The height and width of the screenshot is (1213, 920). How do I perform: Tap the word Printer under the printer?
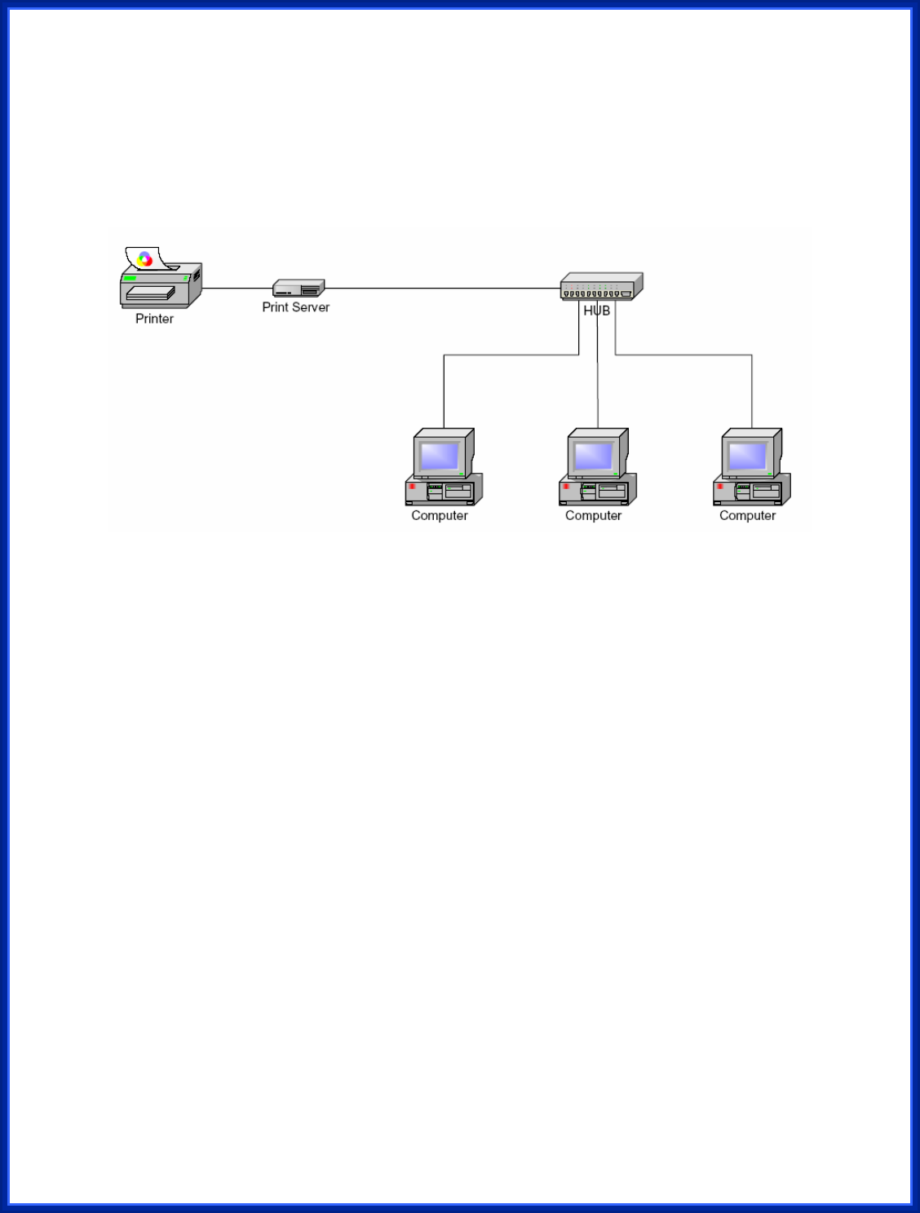(154, 319)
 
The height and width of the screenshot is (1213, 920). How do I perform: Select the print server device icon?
(299, 288)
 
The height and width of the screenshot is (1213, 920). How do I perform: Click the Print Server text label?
(295, 307)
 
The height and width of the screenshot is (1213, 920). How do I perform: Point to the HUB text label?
(596, 311)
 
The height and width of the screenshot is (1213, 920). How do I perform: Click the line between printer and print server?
(237, 288)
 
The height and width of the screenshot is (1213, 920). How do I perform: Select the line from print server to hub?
(440, 288)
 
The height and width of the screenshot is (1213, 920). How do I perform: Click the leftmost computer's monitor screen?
(440, 455)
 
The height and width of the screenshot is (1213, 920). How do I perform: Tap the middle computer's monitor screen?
(593, 455)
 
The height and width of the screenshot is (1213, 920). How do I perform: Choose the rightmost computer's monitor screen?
(747, 455)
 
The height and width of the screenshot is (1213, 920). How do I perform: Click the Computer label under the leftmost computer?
(440, 515)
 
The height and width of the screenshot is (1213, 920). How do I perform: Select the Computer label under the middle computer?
(593, 515)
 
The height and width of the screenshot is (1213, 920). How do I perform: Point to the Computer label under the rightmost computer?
(747, 515)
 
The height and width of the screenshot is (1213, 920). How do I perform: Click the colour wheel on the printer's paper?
(145, 259)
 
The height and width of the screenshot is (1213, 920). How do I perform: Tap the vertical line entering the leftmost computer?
(444, 391)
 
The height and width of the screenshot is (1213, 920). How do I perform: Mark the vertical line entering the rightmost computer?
(752, 391)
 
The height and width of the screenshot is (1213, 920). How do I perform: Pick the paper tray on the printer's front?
(150, 293)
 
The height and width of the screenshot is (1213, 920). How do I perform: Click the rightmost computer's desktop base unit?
(750, 492)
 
